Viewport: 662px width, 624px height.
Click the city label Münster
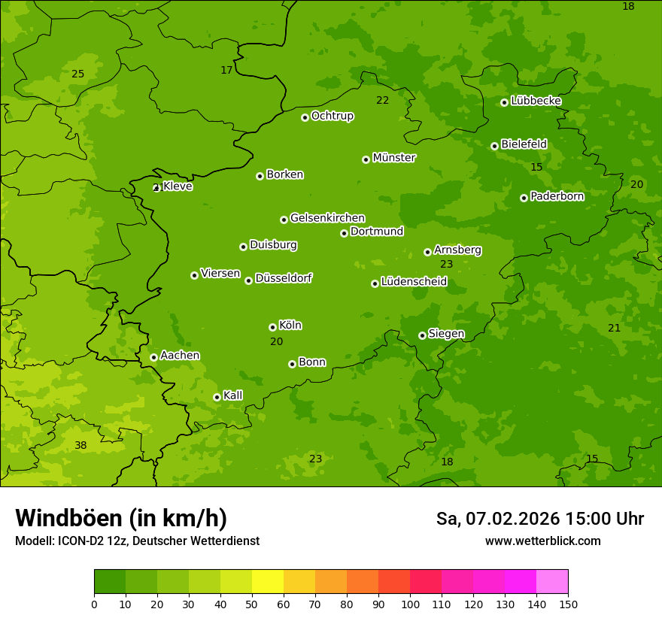[x=393, y=158]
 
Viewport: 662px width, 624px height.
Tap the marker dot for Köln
[x=272, y=327]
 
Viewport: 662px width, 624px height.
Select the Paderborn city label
[x=557, y=196]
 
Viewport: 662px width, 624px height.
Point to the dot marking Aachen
[x=153, y=357]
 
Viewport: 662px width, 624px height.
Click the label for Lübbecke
[x=536, y=101]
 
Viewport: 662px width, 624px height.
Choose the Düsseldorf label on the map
[x=283, y=278]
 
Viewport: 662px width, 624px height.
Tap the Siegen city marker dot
[x=422, y=335]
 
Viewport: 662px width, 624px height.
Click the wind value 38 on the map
[x=80, y=445]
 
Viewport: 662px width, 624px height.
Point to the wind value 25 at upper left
[x=77, y=74]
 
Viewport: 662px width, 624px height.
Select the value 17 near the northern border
[x=226, y=70]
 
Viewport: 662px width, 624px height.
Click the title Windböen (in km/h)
[x=121, y=518]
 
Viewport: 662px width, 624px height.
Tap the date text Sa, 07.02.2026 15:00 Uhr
[x=539, y=519]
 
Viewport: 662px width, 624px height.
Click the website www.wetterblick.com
[x=542, y=541]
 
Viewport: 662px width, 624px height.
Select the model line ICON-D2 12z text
[x=137, y=541]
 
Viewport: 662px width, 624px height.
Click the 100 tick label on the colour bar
[x=410, y=604]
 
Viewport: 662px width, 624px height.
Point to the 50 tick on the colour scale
[x=252, y=604]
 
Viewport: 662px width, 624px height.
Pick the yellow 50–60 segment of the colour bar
[x=268, y=582]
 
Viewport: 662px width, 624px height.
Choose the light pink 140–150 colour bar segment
[x=552, y=582]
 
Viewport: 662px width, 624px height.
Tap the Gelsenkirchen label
[x=327, y=218]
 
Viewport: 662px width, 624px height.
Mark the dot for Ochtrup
[x=305, y=117]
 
